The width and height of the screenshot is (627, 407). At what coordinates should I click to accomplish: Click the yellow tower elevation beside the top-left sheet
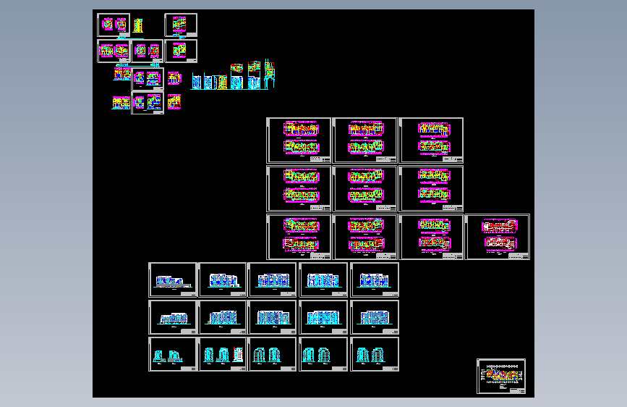click(x=137, y=25)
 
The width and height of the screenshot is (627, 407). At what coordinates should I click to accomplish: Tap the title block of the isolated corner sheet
click(x=516, y=390)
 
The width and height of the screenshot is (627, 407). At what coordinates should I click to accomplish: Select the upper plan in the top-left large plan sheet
click(x=299, y=130)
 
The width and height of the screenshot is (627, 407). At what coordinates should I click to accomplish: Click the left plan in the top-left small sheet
click(x=108, y=24)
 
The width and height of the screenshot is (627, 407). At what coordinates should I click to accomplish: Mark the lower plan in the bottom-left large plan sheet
click(x=299, y=244)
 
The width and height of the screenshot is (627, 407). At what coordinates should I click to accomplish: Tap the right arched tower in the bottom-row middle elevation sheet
click(x=278, y=355)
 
